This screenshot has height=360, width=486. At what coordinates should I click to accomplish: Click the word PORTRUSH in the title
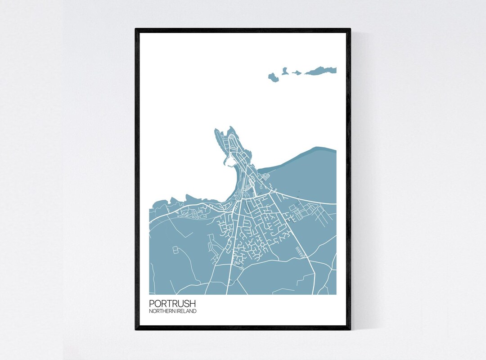[172, 304]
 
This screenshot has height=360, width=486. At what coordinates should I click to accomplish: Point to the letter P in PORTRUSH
[152, 304]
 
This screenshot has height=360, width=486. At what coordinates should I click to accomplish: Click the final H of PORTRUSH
[193, 304]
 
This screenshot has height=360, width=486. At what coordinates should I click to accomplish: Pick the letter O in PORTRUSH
[157, 304]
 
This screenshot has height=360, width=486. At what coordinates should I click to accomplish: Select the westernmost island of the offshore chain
[274, 77]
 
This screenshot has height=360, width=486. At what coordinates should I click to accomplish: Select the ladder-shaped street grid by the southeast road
[301, 252]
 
